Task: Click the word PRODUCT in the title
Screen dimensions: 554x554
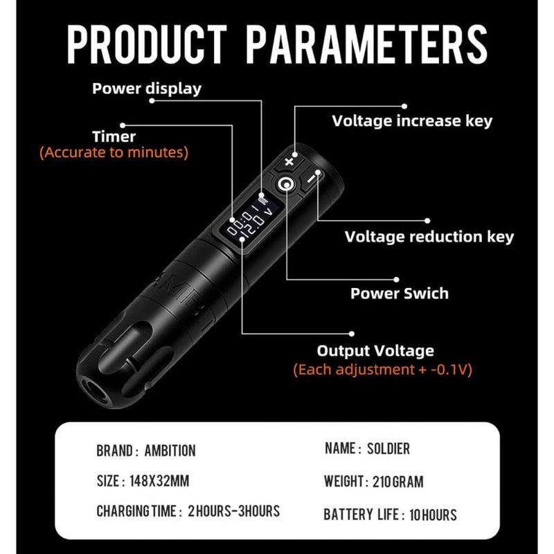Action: tap(148, 46)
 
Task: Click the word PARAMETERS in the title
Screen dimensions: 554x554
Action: tap(367, 46)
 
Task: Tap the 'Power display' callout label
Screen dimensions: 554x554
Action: tap(147, 88)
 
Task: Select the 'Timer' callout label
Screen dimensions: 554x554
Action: tap(114, 136)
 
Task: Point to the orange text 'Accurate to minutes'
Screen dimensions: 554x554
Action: tap(114, 152)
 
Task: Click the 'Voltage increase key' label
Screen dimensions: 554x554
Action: tap(422, 120)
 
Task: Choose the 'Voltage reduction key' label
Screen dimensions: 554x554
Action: tap(429, 237)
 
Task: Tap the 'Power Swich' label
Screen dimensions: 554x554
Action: tap(399, 293)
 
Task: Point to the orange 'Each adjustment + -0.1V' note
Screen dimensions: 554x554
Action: tap(382, 369)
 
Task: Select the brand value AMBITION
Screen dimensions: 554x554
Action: tap(170, 451)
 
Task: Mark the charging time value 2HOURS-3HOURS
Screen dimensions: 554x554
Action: tap(233, 512)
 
